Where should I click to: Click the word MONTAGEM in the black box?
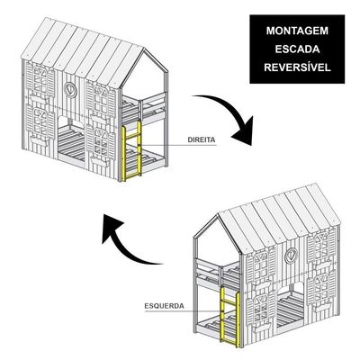(297, 31)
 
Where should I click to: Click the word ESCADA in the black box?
(297, 49)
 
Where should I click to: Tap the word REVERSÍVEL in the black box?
(297, 67)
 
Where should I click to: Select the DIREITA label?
(202, 139)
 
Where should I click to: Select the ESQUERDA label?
(164, 306)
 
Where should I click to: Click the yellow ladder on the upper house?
(131, 150)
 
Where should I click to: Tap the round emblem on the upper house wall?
(70, 89)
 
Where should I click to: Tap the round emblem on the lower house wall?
(291, 256)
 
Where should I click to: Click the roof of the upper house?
(81, 51)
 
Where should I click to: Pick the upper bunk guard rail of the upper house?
(143, 107)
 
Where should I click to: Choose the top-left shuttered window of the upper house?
(40, 81)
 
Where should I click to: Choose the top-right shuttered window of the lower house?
(321, 248)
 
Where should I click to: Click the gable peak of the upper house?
(144, 49)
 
